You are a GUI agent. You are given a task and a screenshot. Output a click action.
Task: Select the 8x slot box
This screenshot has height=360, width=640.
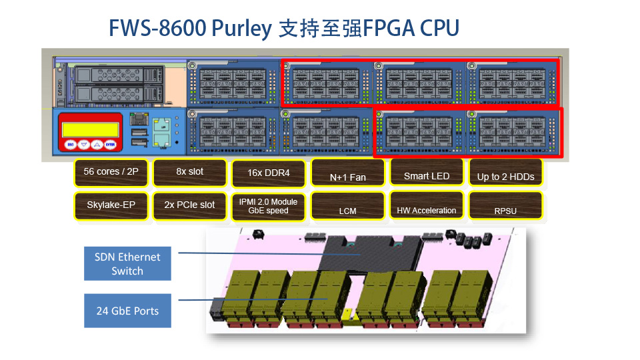click(x=190, y=172)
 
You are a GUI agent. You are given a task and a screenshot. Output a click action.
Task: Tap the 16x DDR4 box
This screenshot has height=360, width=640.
click(x=268, y=173)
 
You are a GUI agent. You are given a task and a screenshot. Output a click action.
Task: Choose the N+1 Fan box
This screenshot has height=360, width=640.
click(x=347, y=174)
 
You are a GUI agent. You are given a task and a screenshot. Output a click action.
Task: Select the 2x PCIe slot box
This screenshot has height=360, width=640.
click(x=190, y=205)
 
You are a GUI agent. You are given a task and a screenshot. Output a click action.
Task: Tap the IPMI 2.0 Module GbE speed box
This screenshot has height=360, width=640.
click(x=268, y=206)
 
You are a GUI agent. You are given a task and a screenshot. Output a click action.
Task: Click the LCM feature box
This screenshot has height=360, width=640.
click(x=347, y=207)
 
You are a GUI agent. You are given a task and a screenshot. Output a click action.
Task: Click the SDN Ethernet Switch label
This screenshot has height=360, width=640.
click(x=127, y=263)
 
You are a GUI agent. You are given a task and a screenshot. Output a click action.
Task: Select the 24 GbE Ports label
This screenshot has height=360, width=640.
click(x=127, y=311)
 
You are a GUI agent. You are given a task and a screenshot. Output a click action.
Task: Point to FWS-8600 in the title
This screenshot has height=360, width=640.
click(x=157, y=29)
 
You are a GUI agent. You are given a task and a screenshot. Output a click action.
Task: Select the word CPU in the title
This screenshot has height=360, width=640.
click(x=440, y=29)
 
